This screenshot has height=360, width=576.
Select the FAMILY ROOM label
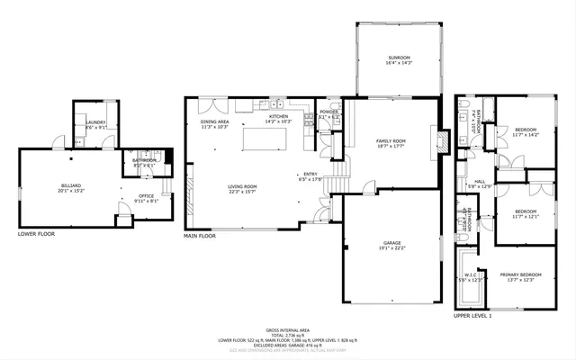391,140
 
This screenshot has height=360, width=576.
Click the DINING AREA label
214,121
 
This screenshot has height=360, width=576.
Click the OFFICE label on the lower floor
146,195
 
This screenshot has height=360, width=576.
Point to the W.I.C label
471,274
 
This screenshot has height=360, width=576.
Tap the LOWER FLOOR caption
37,234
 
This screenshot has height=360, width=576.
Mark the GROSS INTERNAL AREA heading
287,330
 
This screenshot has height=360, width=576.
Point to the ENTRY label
310,175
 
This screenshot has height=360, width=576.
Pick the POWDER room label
328,112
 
